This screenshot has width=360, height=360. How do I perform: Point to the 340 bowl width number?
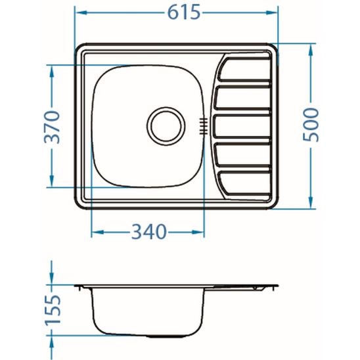[x=148, y=232]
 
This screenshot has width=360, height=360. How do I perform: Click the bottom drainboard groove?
[x=246, y=184]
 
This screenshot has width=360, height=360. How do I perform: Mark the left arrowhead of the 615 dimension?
[x=79, y=12]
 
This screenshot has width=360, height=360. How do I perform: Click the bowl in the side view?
[x=148, y=315]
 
